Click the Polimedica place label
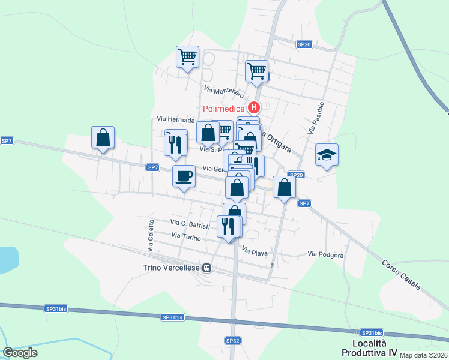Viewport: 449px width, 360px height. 223,109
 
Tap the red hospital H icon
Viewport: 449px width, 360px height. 254,109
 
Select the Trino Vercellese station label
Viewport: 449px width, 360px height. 172,268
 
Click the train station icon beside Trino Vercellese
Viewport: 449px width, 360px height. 207,268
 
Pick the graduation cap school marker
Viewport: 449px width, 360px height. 327,155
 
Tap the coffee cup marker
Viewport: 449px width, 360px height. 184,176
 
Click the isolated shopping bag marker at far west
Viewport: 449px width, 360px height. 103,137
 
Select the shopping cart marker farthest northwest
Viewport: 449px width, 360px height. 187,57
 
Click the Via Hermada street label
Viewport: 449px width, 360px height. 176,119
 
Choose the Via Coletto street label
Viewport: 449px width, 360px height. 151,235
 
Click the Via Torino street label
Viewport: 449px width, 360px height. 186,236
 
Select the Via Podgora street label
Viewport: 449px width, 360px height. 325,255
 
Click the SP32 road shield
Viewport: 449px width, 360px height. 233,340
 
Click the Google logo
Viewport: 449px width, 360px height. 20,353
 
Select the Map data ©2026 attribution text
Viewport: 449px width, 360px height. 424,355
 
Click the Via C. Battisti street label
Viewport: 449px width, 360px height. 190,224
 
